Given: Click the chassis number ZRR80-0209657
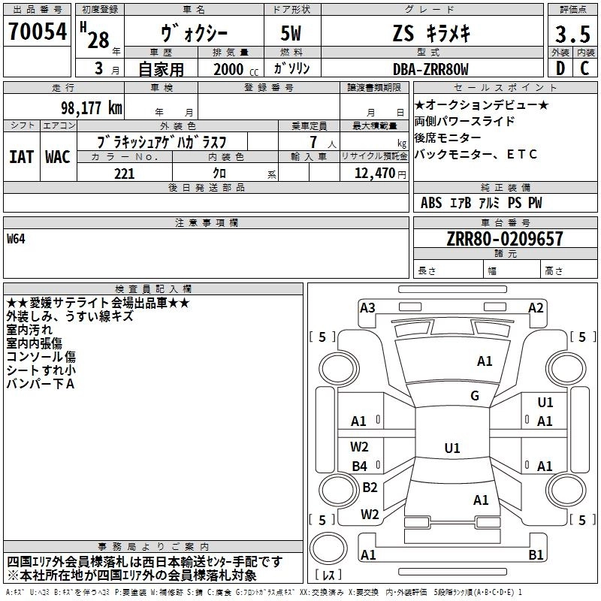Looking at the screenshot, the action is coord(503,239).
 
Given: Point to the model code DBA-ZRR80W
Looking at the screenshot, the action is coord(430,69).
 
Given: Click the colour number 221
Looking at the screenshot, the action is coord(124,174).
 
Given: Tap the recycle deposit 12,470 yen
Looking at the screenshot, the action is coord(374,174).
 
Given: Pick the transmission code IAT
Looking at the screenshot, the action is coord(21,156).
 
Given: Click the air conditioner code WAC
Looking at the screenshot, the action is coord(57,156).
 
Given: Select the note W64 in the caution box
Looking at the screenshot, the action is coord(16,240).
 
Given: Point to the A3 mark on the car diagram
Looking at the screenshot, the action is coord(367,307).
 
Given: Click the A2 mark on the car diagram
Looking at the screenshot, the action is coord(536,307).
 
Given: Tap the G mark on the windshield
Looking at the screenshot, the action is coord(475,396).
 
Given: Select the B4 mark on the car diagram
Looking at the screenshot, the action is coord(360,466).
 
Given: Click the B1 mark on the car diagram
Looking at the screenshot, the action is coord(536,555).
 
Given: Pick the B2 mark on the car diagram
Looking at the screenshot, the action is coord(370,487).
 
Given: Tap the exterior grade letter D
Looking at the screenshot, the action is coord(560,69).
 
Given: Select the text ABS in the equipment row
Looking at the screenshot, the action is coord(431,203).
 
